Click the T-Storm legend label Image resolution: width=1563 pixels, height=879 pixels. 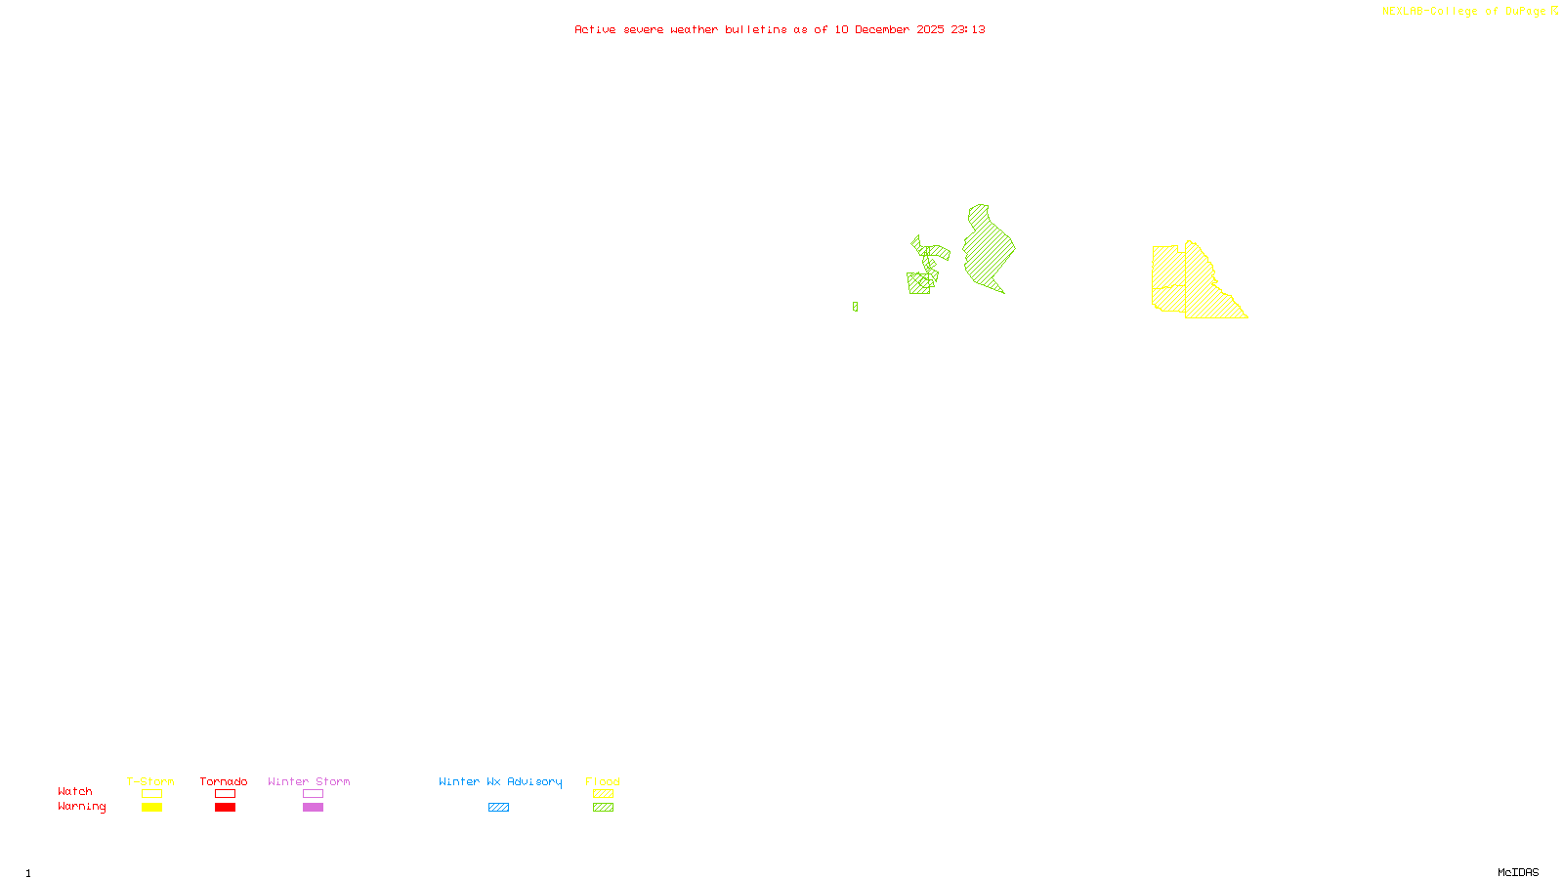point(150,781)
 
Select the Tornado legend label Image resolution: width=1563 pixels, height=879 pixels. point(224,781)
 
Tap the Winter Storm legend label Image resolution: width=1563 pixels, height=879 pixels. point(309,781)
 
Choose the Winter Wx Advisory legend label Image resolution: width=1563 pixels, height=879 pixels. point(500,781)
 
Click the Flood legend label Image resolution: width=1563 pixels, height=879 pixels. point(603,781)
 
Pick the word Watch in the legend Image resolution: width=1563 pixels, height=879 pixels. point(75,792)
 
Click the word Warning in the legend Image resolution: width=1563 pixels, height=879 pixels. point(82,807)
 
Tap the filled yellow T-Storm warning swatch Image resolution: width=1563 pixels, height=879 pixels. point(151,808)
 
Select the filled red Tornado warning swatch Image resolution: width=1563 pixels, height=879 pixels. point(225,808)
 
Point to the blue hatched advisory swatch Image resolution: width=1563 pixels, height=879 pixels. point(498,808)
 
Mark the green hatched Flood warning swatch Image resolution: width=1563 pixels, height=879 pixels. point(603,808)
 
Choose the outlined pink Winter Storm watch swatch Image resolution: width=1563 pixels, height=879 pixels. point(313,794)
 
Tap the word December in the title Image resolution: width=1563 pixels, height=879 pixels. point(882,29)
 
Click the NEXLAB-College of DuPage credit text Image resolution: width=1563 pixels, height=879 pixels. point(1463,12)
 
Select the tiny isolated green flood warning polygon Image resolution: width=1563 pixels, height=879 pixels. point(855,307)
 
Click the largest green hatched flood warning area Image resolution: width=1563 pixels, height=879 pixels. point(988,250)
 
